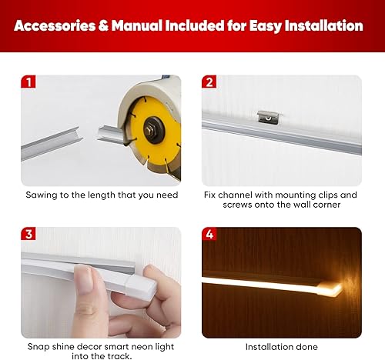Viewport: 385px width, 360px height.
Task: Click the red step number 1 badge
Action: point(28,82)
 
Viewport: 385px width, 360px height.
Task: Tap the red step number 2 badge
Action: point(209,82)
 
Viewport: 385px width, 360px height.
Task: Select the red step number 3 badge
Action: point(28,234)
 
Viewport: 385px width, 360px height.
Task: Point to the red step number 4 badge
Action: point(209,234)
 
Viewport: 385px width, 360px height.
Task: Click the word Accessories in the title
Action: point(60,25)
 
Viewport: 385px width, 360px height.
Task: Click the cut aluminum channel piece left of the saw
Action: point(50,143)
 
